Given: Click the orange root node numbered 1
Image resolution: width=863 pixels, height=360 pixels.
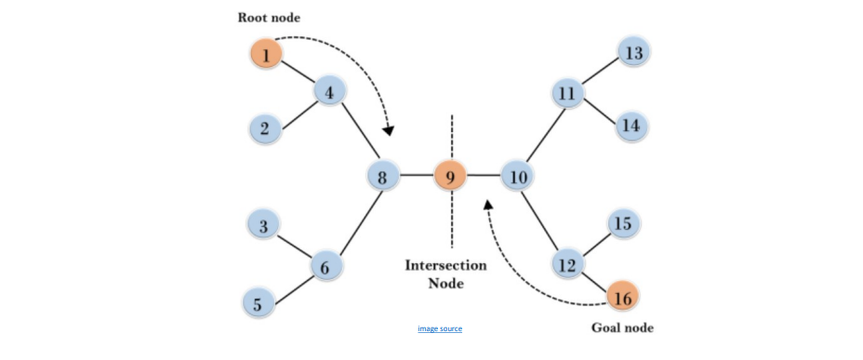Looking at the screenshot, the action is (x=266, y=55).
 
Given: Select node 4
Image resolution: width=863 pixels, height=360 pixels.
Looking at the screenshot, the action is (x=329, y=92).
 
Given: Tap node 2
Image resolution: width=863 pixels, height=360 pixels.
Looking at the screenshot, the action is (x=265, y=129).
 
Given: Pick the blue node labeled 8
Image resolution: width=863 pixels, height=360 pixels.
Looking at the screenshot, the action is (x=382, y=177).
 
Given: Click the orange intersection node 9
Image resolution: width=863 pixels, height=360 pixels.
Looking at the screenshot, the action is (x=450, y=177).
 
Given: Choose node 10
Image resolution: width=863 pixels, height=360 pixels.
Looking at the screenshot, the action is (x=517, y=177).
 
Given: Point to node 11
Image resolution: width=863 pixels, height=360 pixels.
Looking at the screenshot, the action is (x=567, y=94).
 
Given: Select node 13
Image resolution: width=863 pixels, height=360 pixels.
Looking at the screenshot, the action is (x=633, y=53).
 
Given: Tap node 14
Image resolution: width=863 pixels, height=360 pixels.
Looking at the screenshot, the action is (x=631, y=127).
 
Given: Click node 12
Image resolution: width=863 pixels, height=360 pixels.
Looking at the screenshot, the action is (x=567, y=265).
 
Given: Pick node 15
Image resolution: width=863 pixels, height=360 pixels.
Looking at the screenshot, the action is (x=623, y=223).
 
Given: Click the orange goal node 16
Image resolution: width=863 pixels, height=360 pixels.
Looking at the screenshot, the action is (x=622, y=298).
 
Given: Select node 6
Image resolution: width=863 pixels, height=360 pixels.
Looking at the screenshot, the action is (x=326, y=267).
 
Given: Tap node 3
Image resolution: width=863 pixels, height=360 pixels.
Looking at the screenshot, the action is (x=263, y=226).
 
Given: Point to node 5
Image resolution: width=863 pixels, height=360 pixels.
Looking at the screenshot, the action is (x=259, y=304).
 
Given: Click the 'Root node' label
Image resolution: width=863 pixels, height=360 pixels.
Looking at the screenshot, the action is (x=269, y=18).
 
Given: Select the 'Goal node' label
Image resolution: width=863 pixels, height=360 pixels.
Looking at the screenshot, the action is (x=622, y=328).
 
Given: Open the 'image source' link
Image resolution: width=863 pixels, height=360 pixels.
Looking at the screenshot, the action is (x=440, y=328).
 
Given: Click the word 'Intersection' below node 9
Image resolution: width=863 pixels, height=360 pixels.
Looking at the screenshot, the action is (x=445, y=265).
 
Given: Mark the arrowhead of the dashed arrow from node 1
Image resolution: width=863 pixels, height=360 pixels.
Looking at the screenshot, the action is (x=389, y=130).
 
